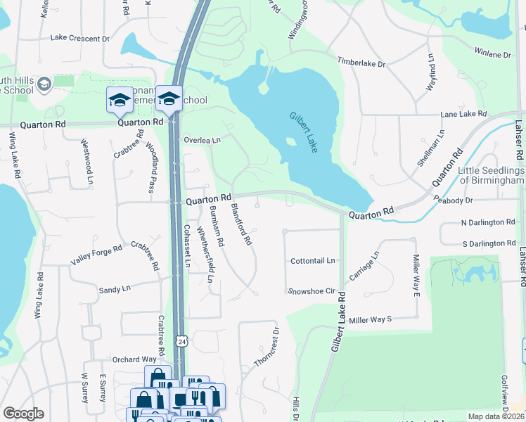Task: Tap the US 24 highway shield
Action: coord(182,341)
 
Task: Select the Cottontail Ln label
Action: coord(313,261)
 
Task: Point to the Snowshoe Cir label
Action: coord(311,291)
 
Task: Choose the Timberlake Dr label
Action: coord(361,63)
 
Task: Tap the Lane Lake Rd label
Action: coord(463,114)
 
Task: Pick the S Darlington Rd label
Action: coord(488,243)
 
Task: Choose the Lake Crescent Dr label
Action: coord(79,39)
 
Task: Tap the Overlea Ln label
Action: coord(203,140)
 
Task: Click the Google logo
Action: coord(23,414)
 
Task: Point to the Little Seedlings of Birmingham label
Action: coord(491,176)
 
